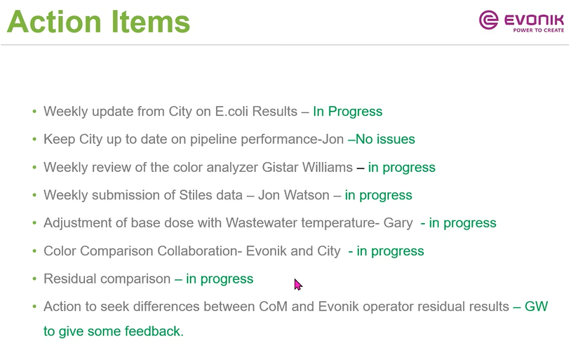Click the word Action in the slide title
[54, 22]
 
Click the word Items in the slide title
[150, 22]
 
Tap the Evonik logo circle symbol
[488, 20]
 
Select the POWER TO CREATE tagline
[538, 30]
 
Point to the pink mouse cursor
[298, 285]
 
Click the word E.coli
[231, 111]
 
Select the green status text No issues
[385, 139]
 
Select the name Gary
[398, 223]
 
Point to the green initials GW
[536, 307]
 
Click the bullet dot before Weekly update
[34, 111]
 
